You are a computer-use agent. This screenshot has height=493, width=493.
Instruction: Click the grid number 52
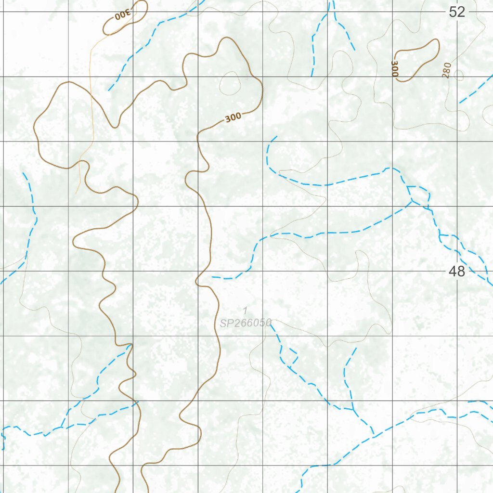coord(457,12)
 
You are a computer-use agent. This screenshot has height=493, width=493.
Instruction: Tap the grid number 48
coord(457,272)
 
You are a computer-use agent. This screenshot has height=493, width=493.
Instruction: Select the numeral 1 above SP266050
coord(245,311)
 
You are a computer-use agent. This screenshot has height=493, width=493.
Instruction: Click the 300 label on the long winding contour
coord(233,117)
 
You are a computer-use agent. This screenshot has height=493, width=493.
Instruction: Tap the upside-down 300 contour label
coord(123,15)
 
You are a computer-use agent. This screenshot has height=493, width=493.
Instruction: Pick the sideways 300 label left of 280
coord(395,68)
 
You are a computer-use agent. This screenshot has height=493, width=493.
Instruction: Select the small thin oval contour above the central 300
coord(230,83)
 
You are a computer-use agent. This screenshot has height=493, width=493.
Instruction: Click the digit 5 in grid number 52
coord(453,12)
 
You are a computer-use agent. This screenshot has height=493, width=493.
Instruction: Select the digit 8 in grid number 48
coord(461,272)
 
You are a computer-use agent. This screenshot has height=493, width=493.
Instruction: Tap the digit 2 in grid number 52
coord(461,12)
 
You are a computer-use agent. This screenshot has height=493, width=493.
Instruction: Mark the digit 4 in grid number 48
coord(453,272)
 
